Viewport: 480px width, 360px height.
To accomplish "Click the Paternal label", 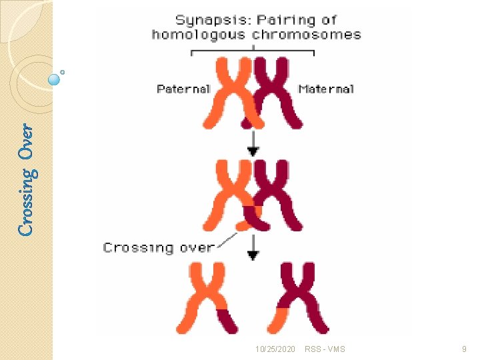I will (183, 89).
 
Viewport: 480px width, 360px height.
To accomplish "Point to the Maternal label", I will (326, 89).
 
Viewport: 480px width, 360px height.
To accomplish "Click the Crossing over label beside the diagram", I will (159, 247).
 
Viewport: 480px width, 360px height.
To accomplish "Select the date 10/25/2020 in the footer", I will (275, 349).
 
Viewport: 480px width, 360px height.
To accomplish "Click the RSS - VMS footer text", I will (325, 349).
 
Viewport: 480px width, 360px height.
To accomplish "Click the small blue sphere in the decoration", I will (55, 79).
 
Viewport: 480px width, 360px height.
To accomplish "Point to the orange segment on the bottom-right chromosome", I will (283, 308).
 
